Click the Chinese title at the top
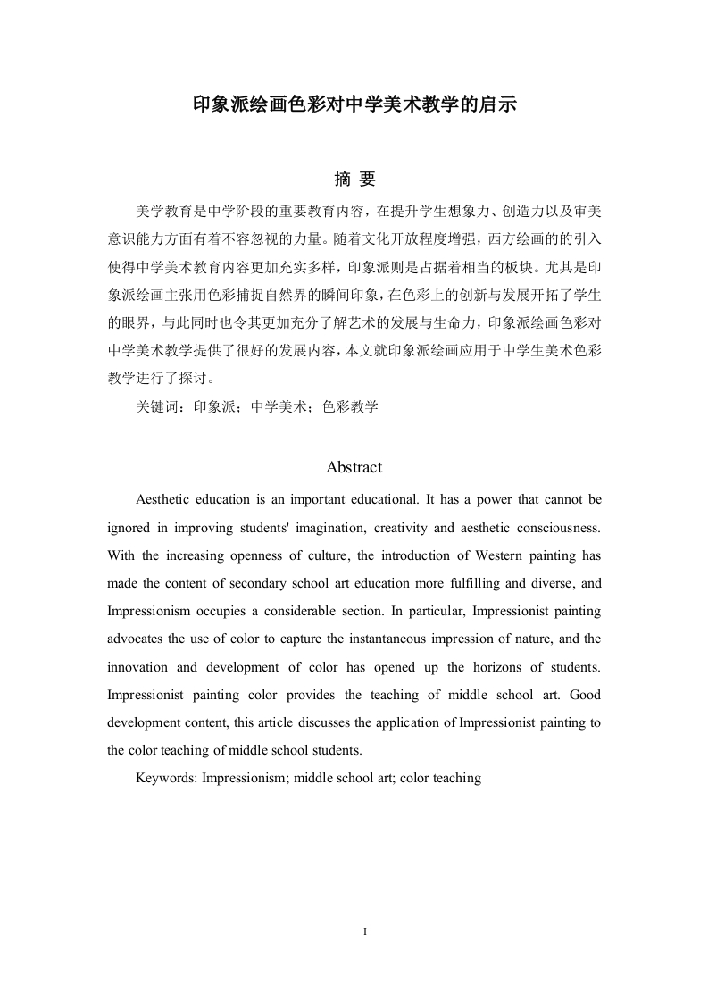(x=354, y=104)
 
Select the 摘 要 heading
(x=354, y=180)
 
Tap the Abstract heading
(x=354, y=467)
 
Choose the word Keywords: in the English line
(x=167, y=778)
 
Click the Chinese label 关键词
(x=156, y=407)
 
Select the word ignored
(x=133, y=527)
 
